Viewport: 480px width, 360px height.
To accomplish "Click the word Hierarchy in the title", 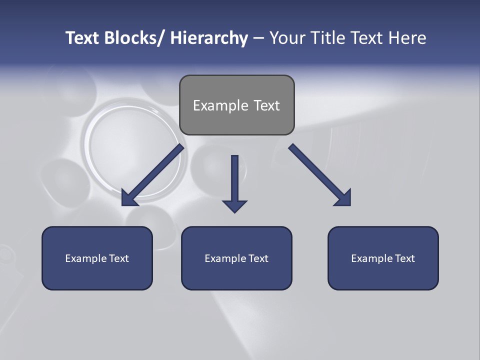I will tap(209, 38).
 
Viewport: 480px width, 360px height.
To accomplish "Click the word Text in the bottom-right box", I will tap(404, 258).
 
